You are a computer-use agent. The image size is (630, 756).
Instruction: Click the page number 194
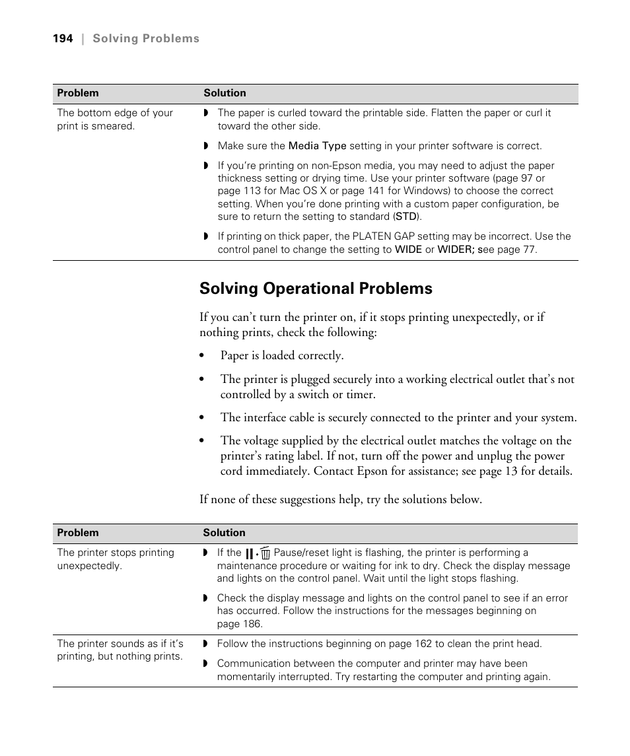pos(63,39)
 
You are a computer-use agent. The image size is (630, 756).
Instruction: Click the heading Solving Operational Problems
pos(316,289)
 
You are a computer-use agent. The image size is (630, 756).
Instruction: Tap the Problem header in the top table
pos(77,93)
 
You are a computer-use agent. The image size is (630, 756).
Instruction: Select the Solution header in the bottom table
pos(224,533)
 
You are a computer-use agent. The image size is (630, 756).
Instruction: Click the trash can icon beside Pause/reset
pos(265,553)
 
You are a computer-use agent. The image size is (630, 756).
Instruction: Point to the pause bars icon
pos(250,553)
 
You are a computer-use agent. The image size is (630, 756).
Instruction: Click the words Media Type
pos(317,146)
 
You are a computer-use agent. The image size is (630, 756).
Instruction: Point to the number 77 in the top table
pos(529,250)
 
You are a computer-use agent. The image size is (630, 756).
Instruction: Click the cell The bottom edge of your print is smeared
pos(115,119)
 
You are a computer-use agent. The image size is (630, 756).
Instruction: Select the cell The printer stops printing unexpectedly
pos(116,559)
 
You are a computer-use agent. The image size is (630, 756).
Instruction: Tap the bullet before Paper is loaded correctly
pos(203,357)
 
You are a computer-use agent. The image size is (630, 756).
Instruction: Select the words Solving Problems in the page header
pos(146,39)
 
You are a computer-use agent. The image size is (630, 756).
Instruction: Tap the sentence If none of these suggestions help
pos(341,500)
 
